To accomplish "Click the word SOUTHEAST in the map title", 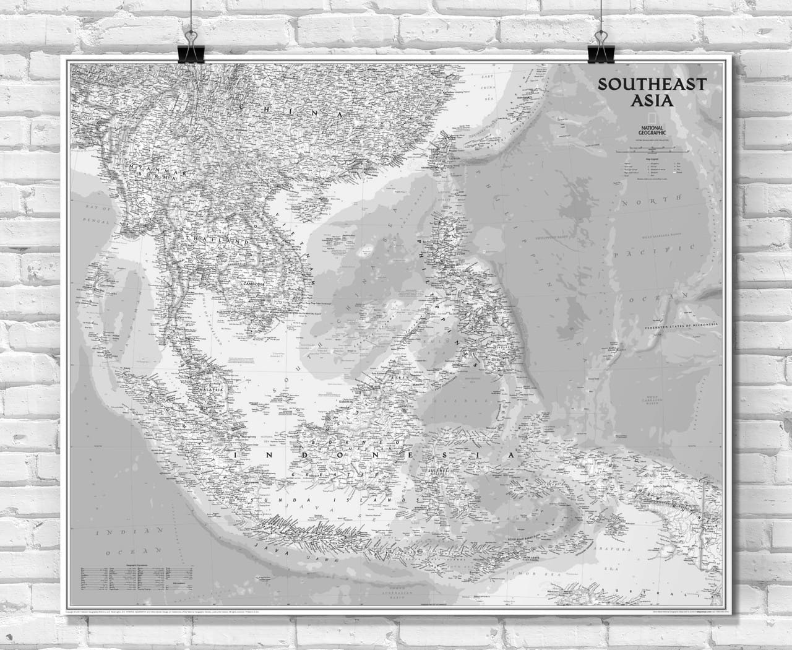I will [651, 84].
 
